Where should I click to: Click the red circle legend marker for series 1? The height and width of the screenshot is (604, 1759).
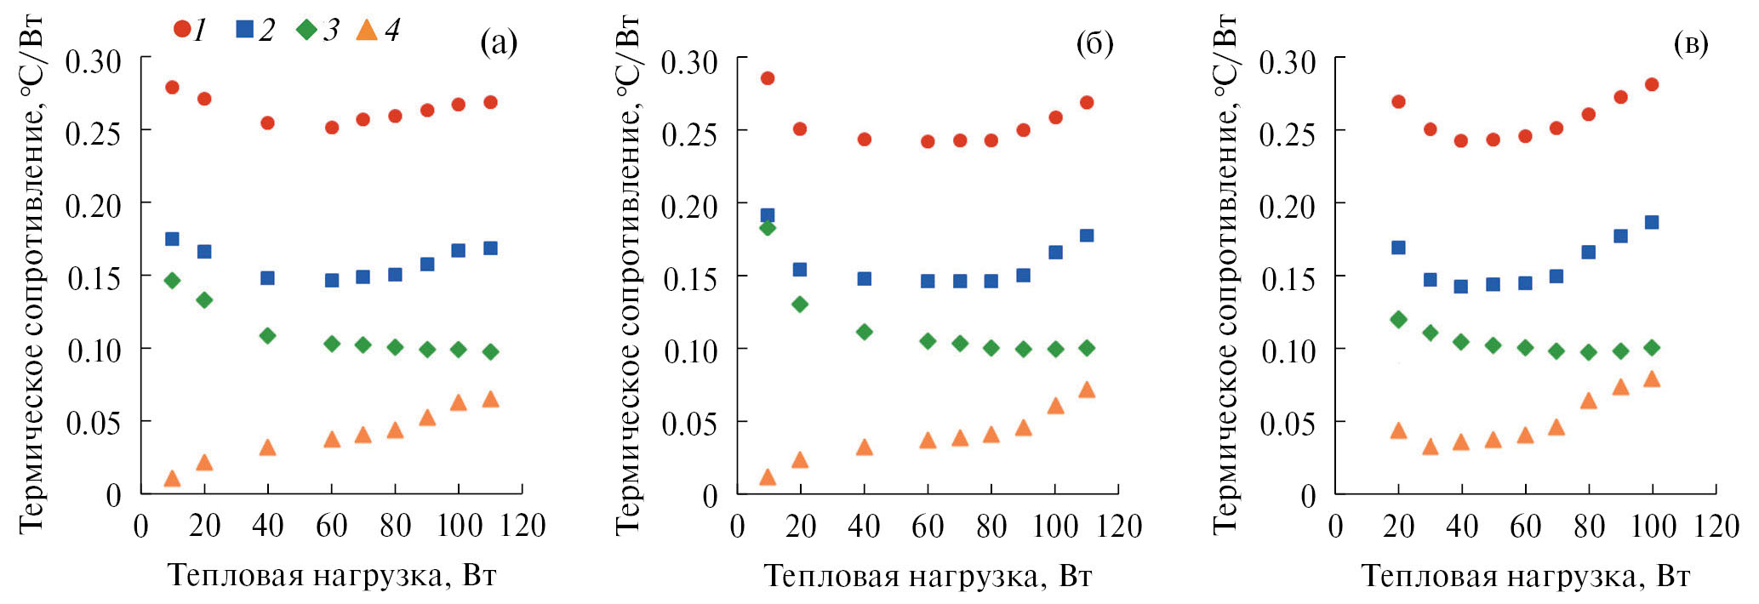coord(182,30)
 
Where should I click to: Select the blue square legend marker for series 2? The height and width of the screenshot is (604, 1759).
coord(245,30)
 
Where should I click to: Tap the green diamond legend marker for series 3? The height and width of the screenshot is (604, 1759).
coord(306,30)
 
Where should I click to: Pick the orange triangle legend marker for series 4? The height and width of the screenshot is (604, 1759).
coord(367,31)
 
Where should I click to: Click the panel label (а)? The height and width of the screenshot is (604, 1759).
coord(499,42)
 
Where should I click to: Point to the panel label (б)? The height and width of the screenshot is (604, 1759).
coord(1094,43)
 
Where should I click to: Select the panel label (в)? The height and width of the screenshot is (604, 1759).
coord(1690,43)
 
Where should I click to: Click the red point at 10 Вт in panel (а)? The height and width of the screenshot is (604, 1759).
coord(172,87)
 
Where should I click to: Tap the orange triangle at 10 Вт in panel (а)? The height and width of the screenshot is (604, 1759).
coord(172,478)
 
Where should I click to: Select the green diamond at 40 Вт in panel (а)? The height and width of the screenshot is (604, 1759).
coord(267,335)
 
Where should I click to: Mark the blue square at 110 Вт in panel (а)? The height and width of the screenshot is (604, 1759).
coord(490,248)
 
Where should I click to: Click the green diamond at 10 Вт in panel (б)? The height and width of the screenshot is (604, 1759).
coord(768,228)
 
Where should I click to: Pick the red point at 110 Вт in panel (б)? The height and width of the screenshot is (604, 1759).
coord(1087,102)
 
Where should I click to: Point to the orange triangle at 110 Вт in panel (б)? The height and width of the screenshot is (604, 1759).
coord(1087,390)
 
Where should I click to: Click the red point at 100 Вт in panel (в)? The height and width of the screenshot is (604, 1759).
coord(1652,84)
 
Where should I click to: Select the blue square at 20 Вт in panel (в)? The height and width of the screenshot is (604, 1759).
coord(1398,248)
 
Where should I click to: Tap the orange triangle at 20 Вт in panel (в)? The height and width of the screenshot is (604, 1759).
coord(1398,430)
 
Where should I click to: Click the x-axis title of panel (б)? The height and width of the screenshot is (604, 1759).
coord(928,576)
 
